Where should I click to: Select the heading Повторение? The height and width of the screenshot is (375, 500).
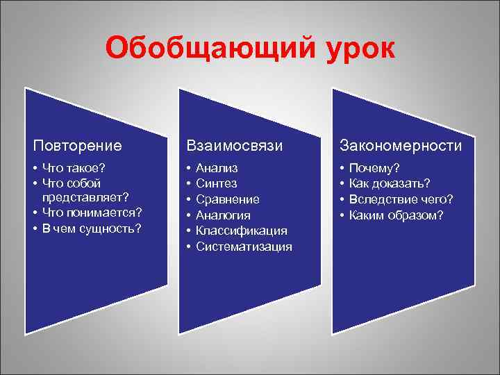coord(78,146)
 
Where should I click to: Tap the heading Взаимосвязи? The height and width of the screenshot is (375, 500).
coord(234,146)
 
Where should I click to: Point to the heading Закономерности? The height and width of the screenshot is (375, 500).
coord(400,146)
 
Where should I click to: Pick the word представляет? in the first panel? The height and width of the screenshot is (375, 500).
coord(87,199)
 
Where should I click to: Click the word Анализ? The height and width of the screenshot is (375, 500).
coord(217,167)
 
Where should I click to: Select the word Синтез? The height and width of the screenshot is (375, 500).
coord(216,183)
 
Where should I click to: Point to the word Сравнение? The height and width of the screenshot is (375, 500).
coord(228,199)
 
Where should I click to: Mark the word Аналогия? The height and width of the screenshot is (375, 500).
coord(222,215)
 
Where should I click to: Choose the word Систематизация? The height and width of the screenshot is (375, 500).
coord(244,247)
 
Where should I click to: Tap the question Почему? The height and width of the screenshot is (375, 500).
coord(374,167)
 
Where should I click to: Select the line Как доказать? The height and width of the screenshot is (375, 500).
coord(390,183)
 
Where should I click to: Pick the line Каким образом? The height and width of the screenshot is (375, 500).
coord(396,215)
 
